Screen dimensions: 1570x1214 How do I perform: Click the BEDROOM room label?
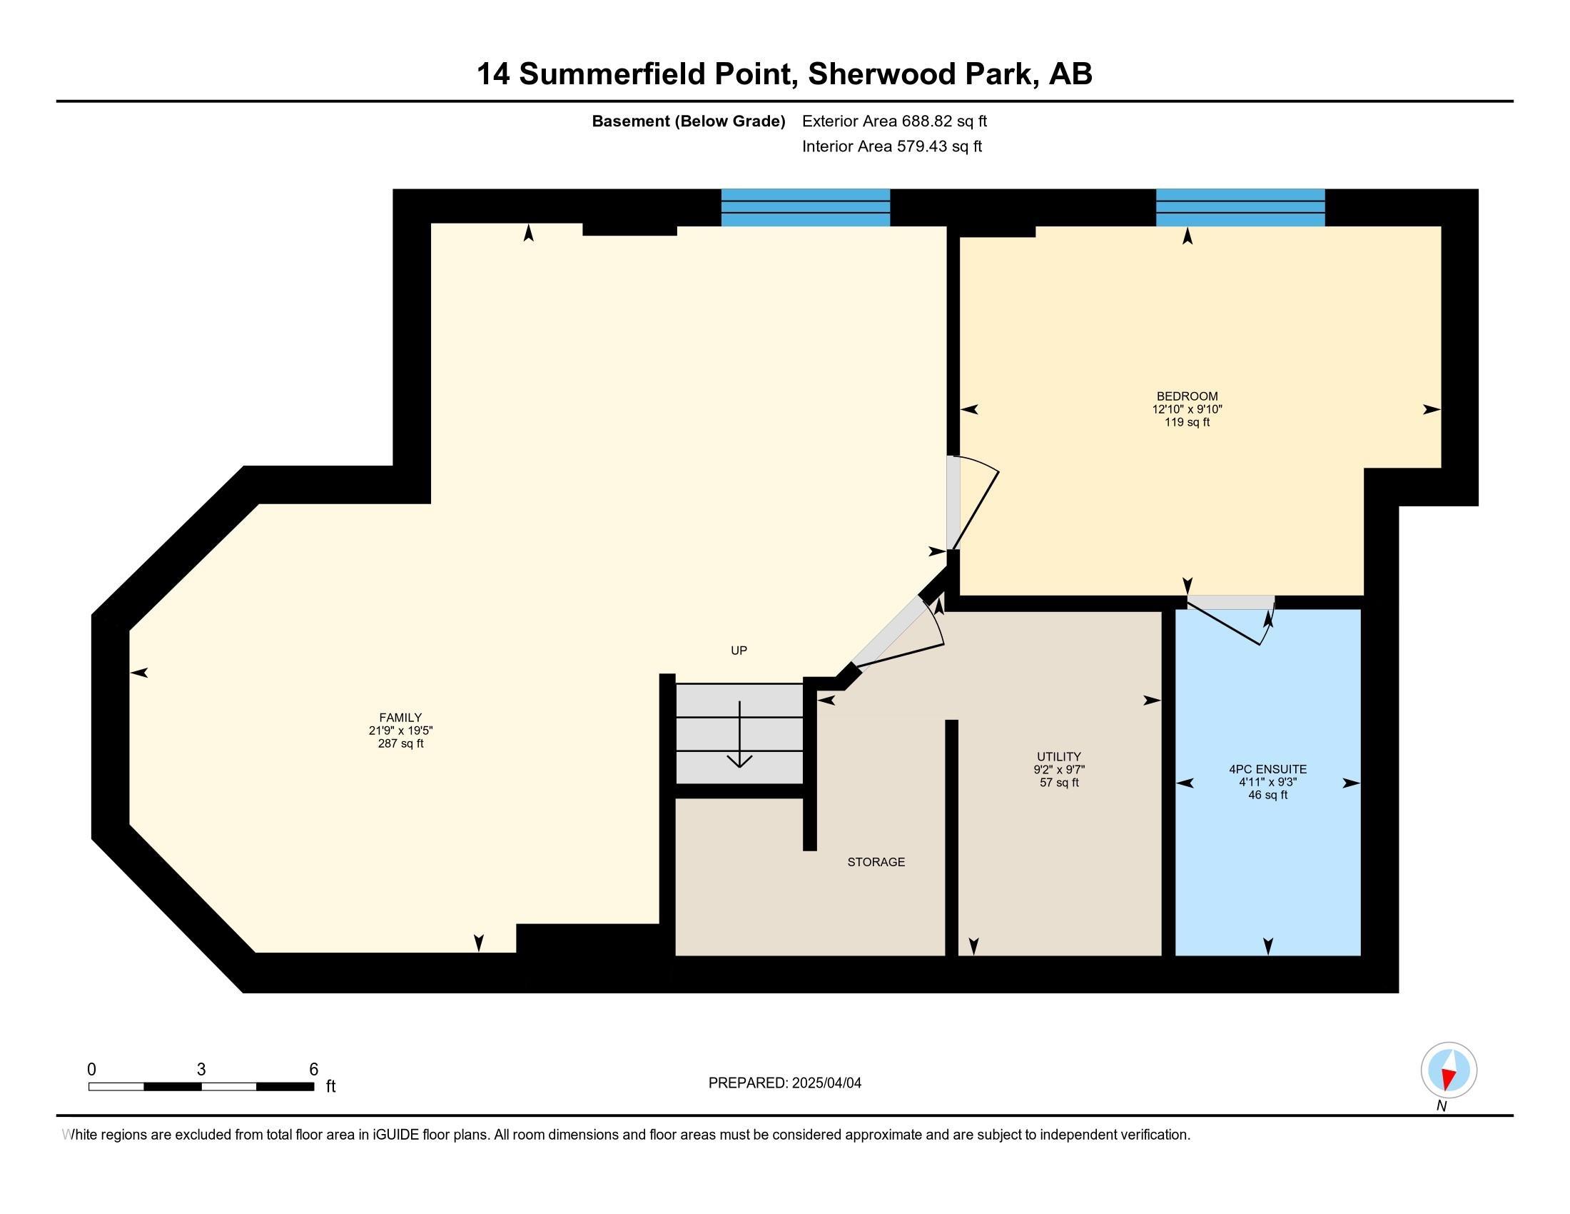pyautogui.click(x=1187, y=396)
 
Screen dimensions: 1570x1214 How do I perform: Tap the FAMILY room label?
pyautogui.click(x=400, y=717)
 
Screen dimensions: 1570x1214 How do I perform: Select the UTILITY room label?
pyautogui.click(x=1059, y=756)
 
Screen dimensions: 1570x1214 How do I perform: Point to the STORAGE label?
pyautogui.click(x=876, y=862)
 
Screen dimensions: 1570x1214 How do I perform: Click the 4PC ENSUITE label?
pyautogui.click(x=1267, y=769)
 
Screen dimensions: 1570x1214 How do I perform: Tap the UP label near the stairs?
pyautogui.click(x=739, y=650)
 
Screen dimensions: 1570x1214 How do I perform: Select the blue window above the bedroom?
pyautogui.click(x=1240, y=207)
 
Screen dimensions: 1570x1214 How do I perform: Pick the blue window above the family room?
pyautogui.click(x=805, y=207)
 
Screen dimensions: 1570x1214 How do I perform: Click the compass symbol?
pyautogui.click(x=1449, y=1070)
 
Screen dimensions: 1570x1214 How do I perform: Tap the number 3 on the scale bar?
pyautogui.click(x=201, y=1070)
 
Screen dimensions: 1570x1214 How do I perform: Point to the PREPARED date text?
pyautogui.click(x=784, y=1083)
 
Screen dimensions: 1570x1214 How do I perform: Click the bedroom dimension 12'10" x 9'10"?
pyautogui.click(x=1187, y=409)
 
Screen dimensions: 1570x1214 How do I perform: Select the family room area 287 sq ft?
pyautogui.click(x=400, y=743)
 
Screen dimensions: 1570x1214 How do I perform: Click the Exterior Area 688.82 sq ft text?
pyautogui.click(x=894, y=121)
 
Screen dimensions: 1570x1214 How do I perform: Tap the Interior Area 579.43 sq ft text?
pyautogui.click(x=891, y=146)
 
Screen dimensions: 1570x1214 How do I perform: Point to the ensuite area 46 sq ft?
pyautogui.click(x=1267, y=796)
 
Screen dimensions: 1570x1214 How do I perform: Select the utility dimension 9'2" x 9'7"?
pyautogui.click(x=1059, y=770)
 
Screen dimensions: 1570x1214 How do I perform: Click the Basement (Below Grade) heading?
pyautogui.click(x=688, y=121)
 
